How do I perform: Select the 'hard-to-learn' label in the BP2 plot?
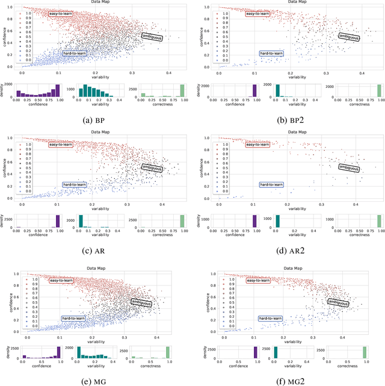[271, 53]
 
